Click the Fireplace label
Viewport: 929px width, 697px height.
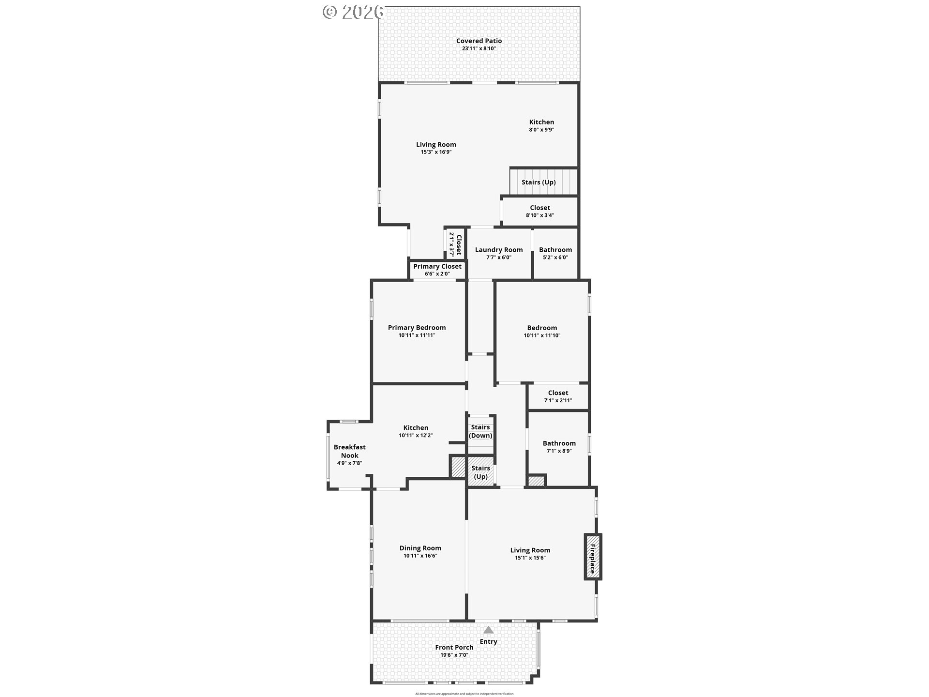(592, 557)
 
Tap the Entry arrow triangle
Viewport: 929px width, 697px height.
(489, 630)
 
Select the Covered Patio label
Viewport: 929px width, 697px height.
(479, 41)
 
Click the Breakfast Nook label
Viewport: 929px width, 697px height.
(349, 451)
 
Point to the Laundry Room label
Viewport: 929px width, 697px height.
(499, 250)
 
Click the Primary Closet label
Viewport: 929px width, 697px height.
(437, 267)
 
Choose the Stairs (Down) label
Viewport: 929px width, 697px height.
(480, 431)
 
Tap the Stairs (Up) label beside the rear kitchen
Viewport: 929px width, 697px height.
(539, 182)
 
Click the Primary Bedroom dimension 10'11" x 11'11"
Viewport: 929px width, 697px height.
(417, 335)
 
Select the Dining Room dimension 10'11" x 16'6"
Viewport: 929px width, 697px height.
(420, 556)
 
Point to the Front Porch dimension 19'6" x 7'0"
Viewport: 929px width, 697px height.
(454, 655)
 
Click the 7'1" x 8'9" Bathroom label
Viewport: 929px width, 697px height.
(559, 443)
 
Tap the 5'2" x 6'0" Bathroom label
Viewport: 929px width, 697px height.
(555, 250)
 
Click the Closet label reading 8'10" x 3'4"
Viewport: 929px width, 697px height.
(540, 208)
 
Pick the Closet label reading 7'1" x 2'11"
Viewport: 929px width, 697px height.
(558, 393)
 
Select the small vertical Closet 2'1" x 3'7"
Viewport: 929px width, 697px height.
(455, 244)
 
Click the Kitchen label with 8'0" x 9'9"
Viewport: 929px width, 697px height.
(541, 122)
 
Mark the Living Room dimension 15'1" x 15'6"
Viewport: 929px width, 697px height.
(530, 558)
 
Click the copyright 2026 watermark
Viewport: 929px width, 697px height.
(354, 12)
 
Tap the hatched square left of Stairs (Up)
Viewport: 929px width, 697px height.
(458, 467)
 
